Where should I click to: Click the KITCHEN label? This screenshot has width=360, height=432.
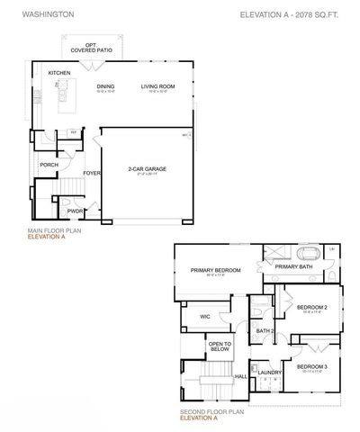coord(59,73)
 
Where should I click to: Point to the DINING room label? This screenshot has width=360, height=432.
coord(106,86)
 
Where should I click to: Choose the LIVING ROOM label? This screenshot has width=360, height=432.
coord(157,86)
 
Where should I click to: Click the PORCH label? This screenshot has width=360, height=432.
coord(49,165)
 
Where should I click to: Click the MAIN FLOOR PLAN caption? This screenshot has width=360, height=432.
coord(53,231)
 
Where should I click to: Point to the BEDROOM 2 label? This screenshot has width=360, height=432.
coord(312,308)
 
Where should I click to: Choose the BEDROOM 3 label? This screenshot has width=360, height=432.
coord(311,367)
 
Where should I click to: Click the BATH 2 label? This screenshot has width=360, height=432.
coord(265,331)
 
